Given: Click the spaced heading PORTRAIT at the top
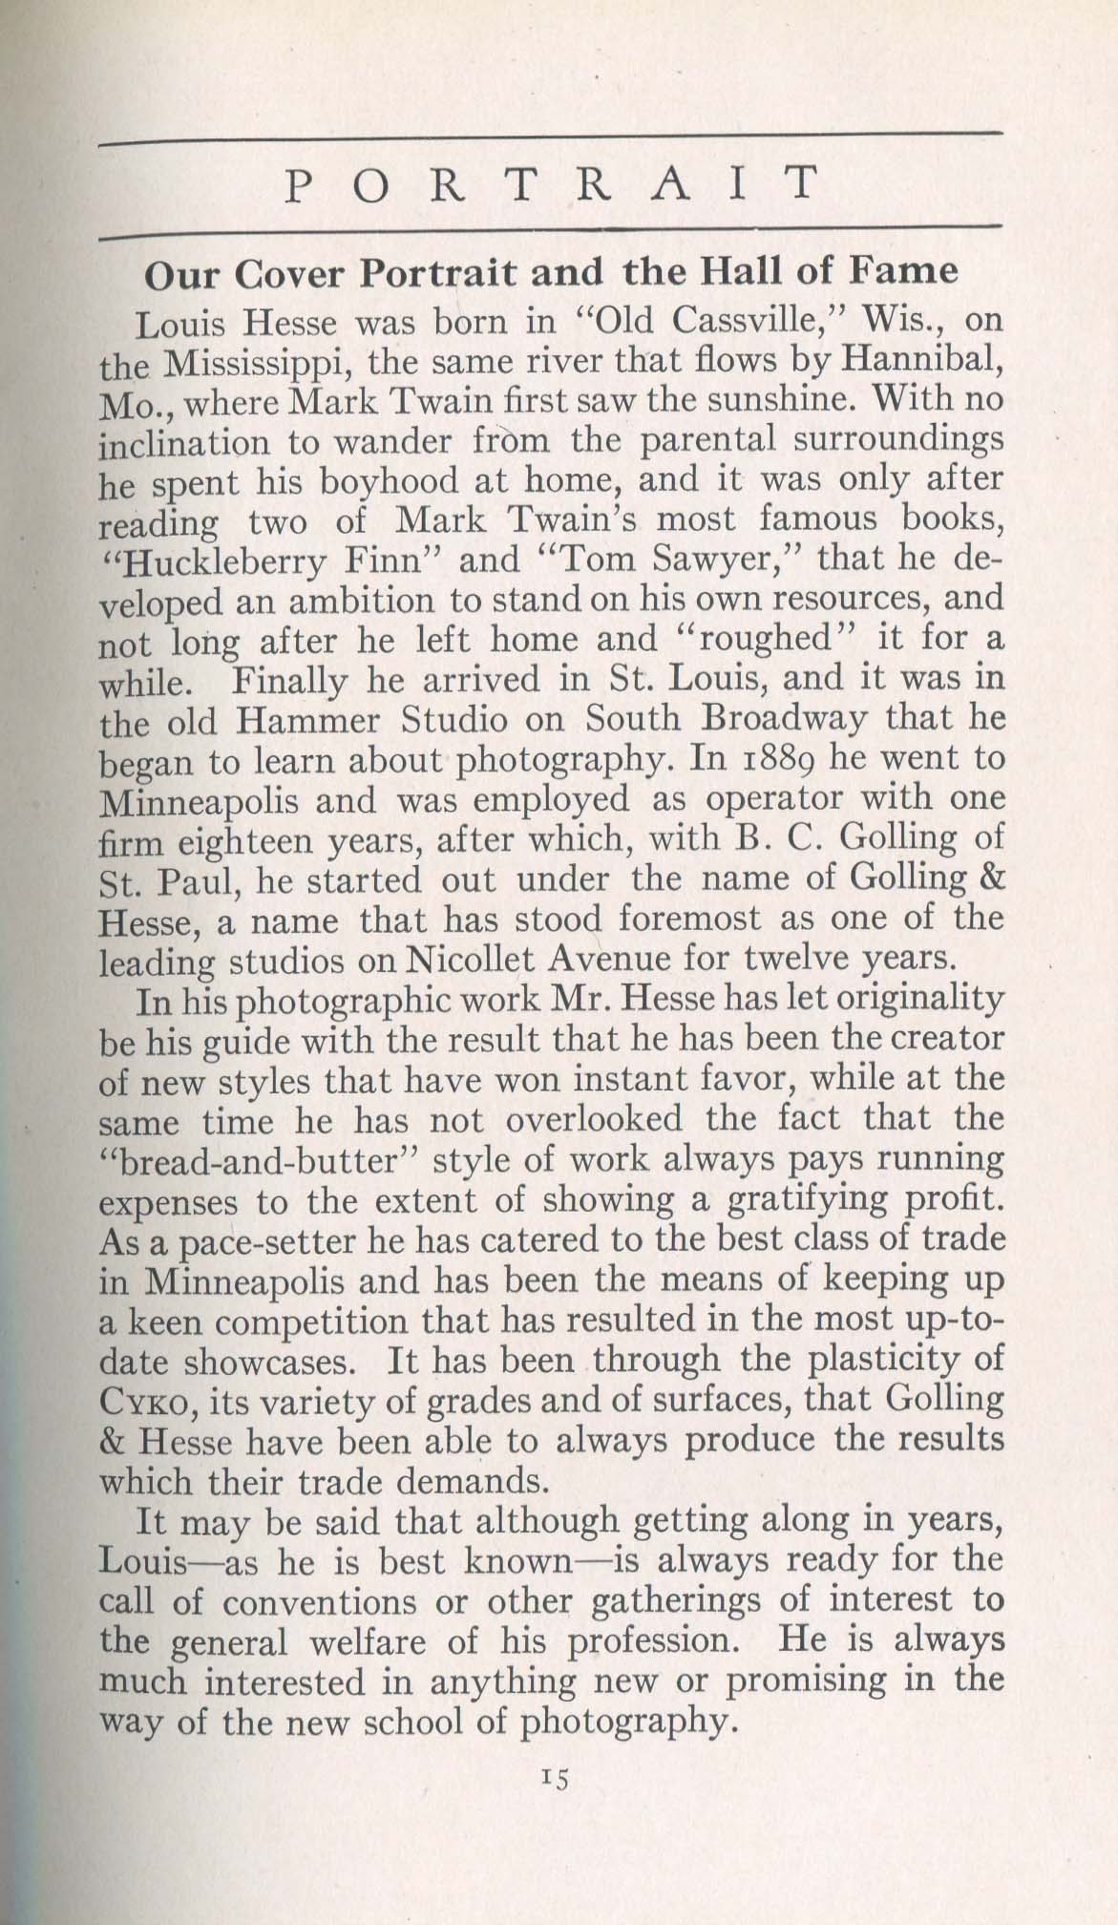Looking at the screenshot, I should click(x=552, y=183).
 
